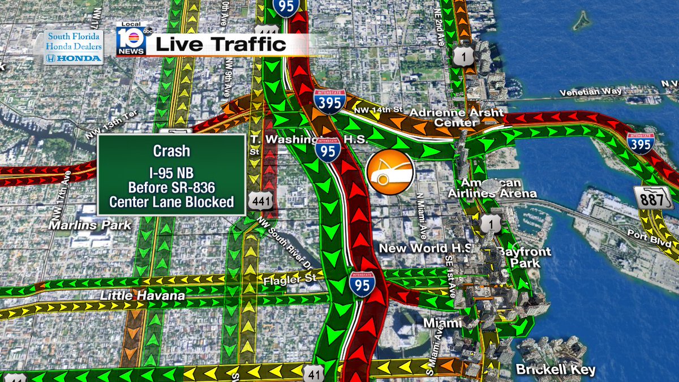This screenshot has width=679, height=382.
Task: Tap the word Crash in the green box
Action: click(171, 152)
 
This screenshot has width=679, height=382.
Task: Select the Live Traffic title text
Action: click(221, 45)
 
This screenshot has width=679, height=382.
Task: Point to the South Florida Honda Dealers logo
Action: click(74, 48)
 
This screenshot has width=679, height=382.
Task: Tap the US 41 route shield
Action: click(313, 373)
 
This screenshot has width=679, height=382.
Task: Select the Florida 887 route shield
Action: click(653, 198)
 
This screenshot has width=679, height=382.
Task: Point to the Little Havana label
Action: click(143, 295)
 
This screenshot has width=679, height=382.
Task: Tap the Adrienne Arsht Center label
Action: click(456, 117)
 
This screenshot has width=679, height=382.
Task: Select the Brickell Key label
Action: click(556, 370)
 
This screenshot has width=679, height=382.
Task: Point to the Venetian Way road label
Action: click(591, 92)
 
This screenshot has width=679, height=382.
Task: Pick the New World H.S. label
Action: click(426, 248)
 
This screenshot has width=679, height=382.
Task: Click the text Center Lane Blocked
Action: click(171, 202)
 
